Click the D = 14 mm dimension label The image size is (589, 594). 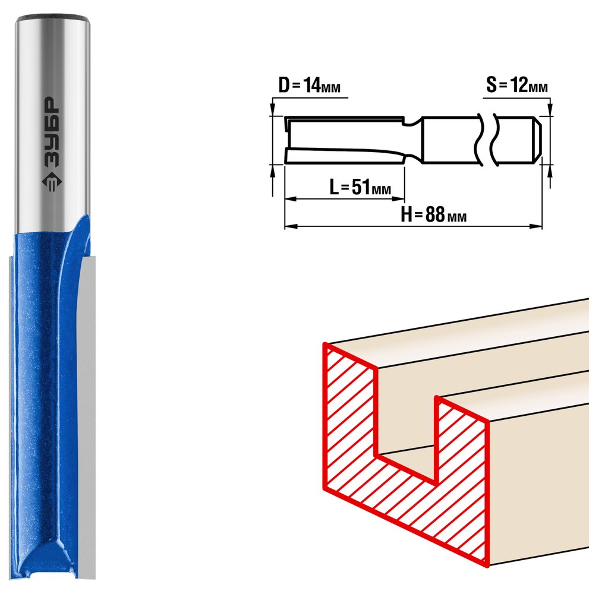tap(309, 85)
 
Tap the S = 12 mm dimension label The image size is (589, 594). tap(517, 85)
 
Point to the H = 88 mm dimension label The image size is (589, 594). tap(434, 214)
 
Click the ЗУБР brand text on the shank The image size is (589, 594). tap(51, 132)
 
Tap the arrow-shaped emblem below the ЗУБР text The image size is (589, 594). tap(52, 182)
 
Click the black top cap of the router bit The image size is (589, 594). tap(52, 17)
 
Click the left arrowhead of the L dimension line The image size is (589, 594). tap(290, 198)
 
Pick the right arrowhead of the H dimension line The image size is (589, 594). tap(536, 226)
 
